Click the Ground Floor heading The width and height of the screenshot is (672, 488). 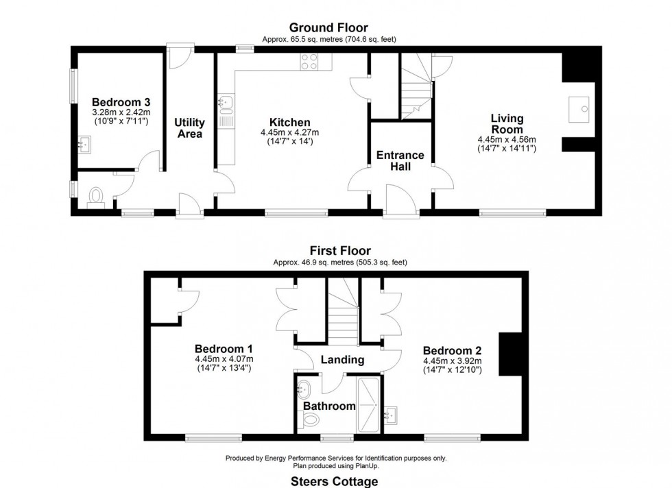[328, 27]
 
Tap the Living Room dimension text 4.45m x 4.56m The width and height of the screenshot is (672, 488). [506, 139]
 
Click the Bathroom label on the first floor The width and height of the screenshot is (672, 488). [329, 406]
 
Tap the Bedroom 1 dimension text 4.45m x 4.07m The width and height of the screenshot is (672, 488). [224, 359]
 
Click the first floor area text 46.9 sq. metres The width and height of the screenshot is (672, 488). [336, 263]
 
